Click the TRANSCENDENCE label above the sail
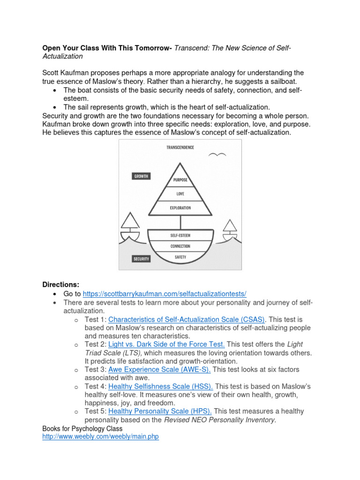pos(180,147)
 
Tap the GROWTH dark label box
pos(141,176)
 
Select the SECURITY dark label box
pos(141,259)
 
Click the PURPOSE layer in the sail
pos(180,180)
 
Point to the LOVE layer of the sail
pos(180,194)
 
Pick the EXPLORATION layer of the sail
pos(180,208)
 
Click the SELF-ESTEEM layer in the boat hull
pos(180,235)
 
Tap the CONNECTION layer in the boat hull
pos(180,246)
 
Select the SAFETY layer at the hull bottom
pos(180,257)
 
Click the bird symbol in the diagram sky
pos(217,155)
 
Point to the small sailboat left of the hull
pos(129,227)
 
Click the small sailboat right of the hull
pos(230,229)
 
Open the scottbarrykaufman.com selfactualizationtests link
pos(165,294)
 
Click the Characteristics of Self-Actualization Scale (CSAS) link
pos(187,319)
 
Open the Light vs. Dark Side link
pos(166,344)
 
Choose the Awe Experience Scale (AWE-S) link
pos(159,369)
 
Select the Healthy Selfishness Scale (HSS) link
pos(161,386)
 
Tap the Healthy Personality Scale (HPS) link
pos(160,411)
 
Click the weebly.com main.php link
pos(100,436)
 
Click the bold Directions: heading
pos(61,285)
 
